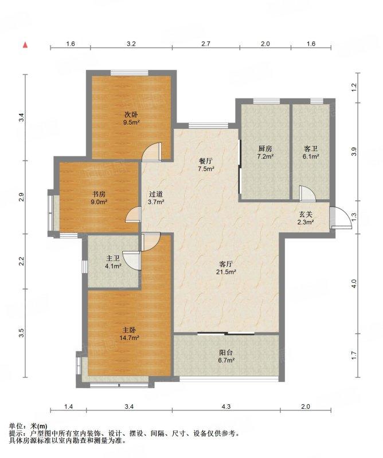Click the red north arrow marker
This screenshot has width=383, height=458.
point(25,45)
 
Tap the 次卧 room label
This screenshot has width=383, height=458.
point(131,114)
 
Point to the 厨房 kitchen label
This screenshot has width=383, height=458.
point(265,149)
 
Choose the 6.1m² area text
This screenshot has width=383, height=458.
point(311,156)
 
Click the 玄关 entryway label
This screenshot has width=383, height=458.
point(306,215)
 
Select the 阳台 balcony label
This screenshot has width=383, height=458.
point(226,353)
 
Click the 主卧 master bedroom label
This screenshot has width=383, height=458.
point(129,330)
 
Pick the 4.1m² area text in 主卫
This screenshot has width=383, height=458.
point(113,266)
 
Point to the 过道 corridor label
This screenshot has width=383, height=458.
point(155,194)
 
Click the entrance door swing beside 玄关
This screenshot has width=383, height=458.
point(341,217)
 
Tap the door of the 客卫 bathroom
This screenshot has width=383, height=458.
point(307,194)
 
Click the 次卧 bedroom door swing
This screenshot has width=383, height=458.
point(151,152)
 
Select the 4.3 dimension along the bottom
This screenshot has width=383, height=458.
point(226,406)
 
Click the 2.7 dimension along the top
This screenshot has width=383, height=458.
point(206,44)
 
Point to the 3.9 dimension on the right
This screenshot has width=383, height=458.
point(354,152)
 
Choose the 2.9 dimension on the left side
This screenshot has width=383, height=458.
point(21,197)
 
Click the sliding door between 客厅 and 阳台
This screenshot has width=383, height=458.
point(226,333)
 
